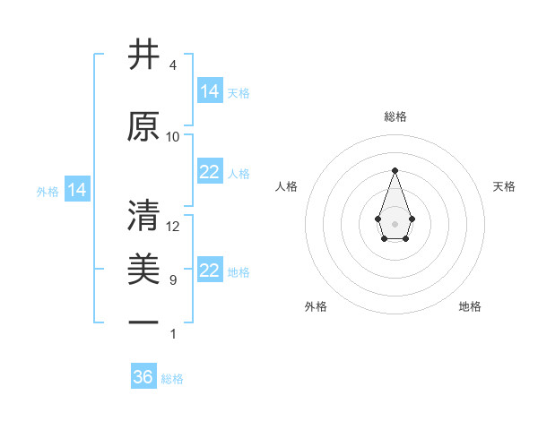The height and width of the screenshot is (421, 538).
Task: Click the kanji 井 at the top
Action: [x=143, y=56]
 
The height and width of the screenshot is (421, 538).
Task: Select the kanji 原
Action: [x=143, y=127]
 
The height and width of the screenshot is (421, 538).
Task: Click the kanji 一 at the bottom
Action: [x=143, y=322]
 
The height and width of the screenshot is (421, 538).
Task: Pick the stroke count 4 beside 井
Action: [x=172, y=65]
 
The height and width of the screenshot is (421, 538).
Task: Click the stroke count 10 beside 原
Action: [x=173, y=137]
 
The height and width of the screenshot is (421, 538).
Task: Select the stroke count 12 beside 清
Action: [x=173, y=227]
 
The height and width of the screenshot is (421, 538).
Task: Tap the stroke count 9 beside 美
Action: [x=172, y=280]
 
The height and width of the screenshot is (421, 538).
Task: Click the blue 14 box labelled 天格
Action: [x=210, y=90]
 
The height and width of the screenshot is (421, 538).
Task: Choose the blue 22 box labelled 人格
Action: [x=210, y=173]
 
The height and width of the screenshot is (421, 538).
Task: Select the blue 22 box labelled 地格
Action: [x=210, y=271]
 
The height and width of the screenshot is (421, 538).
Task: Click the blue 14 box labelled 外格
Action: [x=77, y=190]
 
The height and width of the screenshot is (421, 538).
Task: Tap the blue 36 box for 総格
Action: [x=143, y=377]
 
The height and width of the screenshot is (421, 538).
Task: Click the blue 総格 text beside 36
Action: [x=172, y=379]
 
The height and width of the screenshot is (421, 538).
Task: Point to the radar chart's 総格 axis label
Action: [x=395, y=116]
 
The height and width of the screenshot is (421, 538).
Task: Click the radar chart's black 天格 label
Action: [x=505, y=186]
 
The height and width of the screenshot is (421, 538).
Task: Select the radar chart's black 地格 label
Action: [x=470, y=306]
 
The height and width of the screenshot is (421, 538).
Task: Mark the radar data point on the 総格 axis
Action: [x=395, y=169]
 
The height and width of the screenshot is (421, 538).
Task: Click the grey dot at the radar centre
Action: [x=395, y=223]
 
